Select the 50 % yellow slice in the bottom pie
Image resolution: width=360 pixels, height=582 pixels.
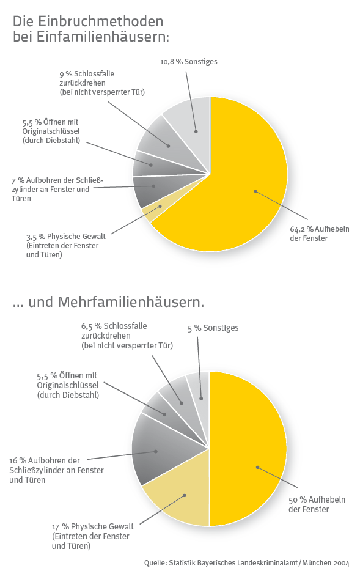click(x=249, y=449)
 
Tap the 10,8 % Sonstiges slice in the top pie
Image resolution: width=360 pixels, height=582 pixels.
click(x=191, y=126)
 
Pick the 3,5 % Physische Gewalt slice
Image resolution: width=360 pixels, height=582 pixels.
click(x=152, y=212)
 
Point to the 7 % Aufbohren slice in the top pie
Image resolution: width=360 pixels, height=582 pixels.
click(x=152, y=190)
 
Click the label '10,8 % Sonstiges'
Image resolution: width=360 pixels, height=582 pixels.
click(x=188, y=62)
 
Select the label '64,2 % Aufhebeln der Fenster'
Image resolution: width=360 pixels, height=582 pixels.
click(x=320, y=234)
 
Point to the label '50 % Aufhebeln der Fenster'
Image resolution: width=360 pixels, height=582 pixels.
click(x=317, y=504)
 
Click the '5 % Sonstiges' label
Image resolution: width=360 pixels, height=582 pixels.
click(x=213, y=328)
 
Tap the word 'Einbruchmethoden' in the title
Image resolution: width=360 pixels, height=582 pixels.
click(x=100, y=21)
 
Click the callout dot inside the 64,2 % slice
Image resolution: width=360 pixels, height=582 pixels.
click(x=255, y=191)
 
